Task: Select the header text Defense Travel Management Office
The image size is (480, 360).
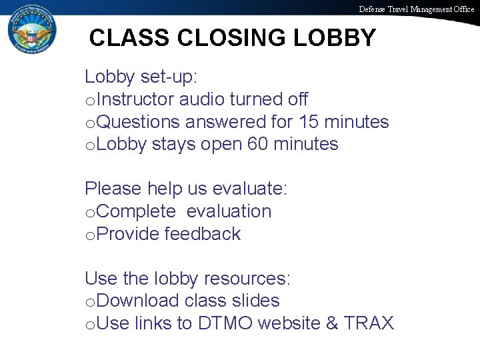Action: click(x=417, y=9)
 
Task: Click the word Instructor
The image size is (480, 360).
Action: click(x=137, y=100)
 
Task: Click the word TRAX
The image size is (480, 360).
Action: click(x=369, y=324)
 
